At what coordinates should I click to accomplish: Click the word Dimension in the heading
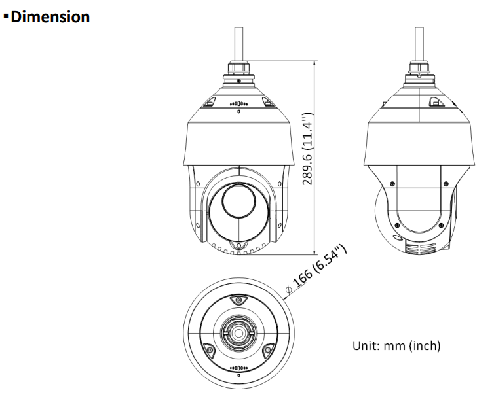(x=50, y=17)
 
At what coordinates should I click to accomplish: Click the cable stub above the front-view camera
(x=238, y=43)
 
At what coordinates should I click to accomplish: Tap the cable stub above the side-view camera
(x=417, y=43)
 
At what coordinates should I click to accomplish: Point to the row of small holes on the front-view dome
(x=238, y=104)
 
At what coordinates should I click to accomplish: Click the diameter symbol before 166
(x=289, y=288)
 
